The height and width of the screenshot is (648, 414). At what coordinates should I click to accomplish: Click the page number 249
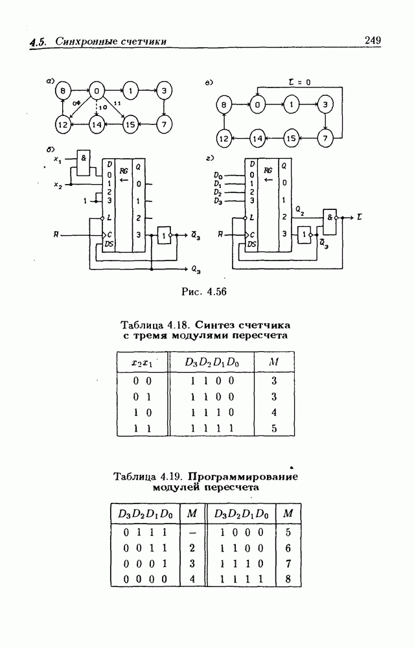pos(372,40)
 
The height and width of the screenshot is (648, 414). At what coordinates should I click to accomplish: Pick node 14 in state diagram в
pos(258,138)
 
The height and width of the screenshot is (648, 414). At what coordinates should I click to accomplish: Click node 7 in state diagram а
pos(165,123)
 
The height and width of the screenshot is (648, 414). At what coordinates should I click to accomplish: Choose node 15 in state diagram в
pos(292,138)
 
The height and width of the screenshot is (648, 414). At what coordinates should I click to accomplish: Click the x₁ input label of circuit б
pos(58,159)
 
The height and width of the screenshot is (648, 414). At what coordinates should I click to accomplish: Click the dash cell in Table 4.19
pos(192,533)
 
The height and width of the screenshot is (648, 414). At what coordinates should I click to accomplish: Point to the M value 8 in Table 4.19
pos(288,579)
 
